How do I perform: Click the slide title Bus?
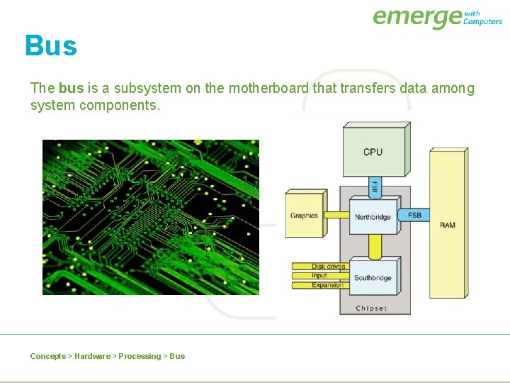pyautogui.click(x=50, y=46)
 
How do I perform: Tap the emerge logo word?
pyautogui.click(x=416, y=17)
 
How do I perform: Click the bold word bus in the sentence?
pyautogui.click(x=71, y=89)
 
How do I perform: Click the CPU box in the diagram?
pyautogui.click(x=373, y=152)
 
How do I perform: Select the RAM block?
pyautogui.click(x=448, y=224)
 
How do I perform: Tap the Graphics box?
pyautogui.click(x=304, y=216)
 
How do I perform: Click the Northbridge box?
pyautogui.click(x=373, y=216)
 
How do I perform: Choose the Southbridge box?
pyautogui.click(x=373, y=277)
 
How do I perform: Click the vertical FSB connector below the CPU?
pyautogui.click(x=375, y=187)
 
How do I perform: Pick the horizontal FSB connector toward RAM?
pyautogui.click(x=414, y=215)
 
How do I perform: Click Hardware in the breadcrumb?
pyautogui.click(x=92, y=356)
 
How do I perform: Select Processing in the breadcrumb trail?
pyautogui.click(x=140, y=356)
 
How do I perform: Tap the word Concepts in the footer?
pyautogui.click(x=47, y=356)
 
